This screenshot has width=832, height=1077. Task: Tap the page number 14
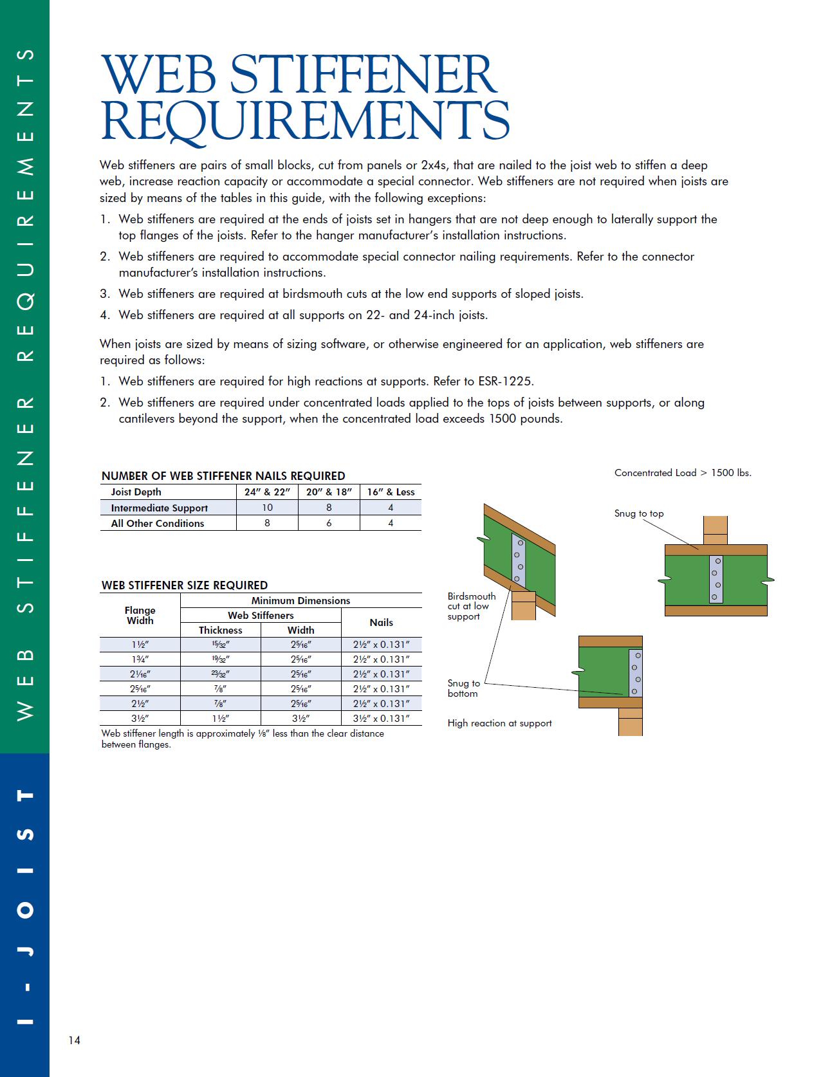74,1040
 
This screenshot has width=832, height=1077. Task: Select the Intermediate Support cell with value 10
267,508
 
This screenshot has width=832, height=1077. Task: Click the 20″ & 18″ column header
329,492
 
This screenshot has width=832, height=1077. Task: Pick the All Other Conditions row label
157,524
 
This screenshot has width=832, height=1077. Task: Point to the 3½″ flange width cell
140,719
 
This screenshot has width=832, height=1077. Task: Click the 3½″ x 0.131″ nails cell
381,719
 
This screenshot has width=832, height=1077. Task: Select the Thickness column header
220,631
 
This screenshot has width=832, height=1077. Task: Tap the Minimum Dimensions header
300,601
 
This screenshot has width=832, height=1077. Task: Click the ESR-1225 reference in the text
505,382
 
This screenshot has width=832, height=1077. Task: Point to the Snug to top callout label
638,513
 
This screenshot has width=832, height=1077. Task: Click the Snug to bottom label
463,688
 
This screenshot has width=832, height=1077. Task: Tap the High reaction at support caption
499,723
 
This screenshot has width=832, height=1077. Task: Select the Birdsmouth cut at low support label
471,606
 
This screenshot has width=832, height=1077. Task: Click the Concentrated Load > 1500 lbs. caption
683,473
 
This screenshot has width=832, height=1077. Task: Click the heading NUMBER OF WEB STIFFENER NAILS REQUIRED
223,476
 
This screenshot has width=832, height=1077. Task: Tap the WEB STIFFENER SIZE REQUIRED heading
185,585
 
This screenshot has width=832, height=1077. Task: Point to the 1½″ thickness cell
220,719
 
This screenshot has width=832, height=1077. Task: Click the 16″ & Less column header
391,492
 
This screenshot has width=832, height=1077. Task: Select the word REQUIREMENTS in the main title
305,120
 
